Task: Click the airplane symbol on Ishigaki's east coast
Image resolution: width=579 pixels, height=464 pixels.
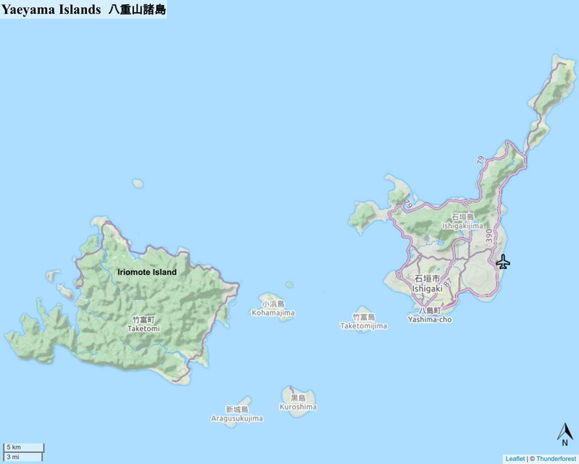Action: pyautogui.click(x=503, y=262)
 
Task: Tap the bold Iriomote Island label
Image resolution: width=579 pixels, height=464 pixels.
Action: pyautogui.click(x=147, y=273)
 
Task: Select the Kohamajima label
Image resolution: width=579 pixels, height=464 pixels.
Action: pyautogui.click(x=273, y=313)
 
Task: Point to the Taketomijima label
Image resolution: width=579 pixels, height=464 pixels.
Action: pyautogui.click(x=363, y=326)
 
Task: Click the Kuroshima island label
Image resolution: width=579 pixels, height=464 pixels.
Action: pyautogui.click(x=298, y=407)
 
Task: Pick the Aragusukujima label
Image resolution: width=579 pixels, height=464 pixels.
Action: pyautogui.click(x=237, y=418)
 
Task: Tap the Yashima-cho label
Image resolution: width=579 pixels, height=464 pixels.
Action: pyautogui.click(x=429, y=319)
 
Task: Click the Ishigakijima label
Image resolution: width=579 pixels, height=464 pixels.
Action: pyautogui.click(x=462, y=225)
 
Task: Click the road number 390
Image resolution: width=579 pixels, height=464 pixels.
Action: pyautogui.click(x=489, y=236)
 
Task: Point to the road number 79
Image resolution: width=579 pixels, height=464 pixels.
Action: pyautogui.click(x=481, y=160)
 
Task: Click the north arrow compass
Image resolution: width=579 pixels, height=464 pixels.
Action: pyautogui.click(x=565, y=433)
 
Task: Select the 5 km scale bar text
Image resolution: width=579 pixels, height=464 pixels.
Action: pyautogui.click(x=14, y=447)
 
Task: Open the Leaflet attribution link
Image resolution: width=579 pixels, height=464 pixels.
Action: pyautogui.click(x=515, y=459)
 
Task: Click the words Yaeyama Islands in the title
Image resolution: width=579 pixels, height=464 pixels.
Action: pyautogui.click(x=50, y=9)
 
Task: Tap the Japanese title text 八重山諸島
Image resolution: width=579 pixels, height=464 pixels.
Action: pyautogui.click(x=136, y=9)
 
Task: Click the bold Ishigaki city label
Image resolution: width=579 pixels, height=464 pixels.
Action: pyautogui.click(x=426, y=289)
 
